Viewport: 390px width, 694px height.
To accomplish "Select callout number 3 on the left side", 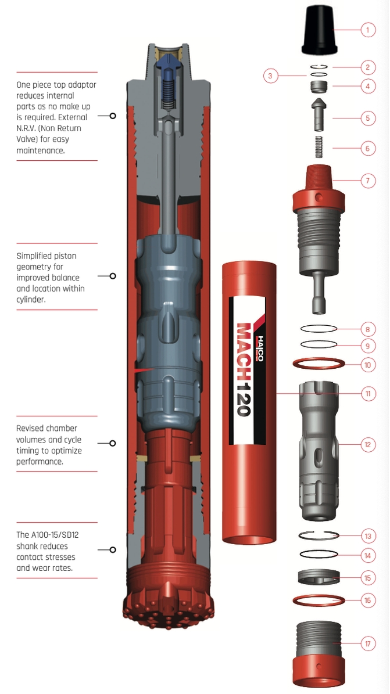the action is [x=271, y=75].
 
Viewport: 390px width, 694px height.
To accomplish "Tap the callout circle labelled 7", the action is [x=367, y=181].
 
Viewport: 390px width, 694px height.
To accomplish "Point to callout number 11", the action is [x=367, y=394].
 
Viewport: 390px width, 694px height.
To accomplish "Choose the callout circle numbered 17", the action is [x=367, y=643].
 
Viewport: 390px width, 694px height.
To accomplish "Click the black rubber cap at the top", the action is [x=317, y=30].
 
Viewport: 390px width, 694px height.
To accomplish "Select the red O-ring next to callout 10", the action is [x=319, y=364].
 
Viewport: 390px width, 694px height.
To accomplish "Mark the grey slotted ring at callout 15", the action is [x=319, y=577].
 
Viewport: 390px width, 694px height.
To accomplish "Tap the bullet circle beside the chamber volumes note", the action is [x=113, y=443].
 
